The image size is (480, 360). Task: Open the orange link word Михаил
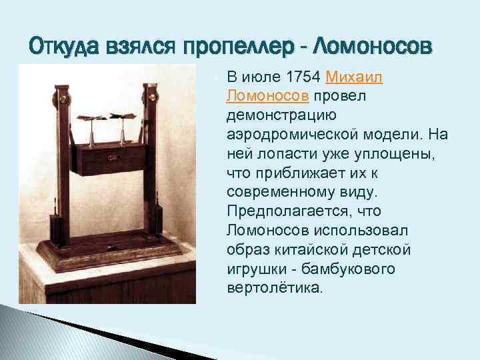pos(354,77)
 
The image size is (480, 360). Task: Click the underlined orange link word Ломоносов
pos(267,97)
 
